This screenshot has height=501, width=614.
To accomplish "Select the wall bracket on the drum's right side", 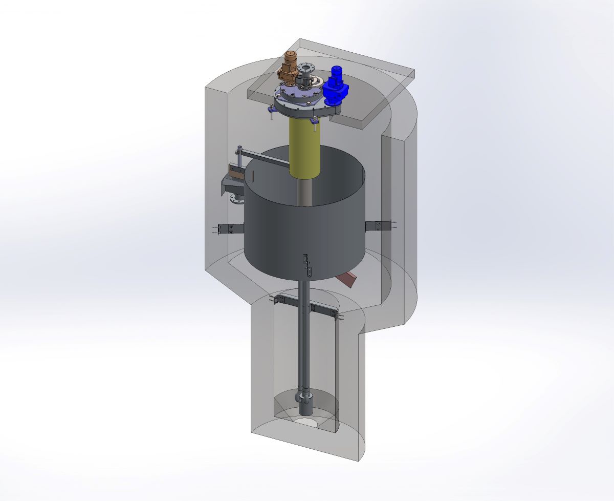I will (379, 225).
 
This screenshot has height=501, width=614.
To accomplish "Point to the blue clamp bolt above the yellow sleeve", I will (314, 121).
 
